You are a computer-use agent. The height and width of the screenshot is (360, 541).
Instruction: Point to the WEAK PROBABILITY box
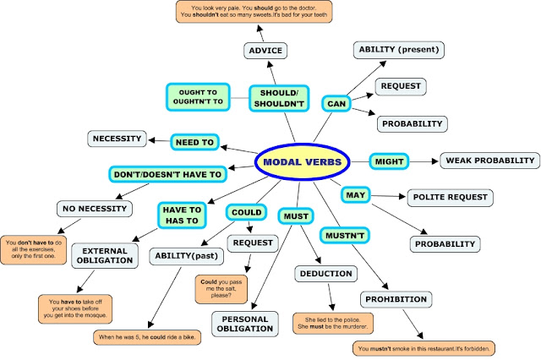pyautogui.click(x=489, y=161)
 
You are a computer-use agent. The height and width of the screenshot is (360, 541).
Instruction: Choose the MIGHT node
pyautogui.click(x=390, y=161)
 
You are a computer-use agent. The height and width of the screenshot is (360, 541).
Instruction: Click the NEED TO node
pyautogui.click(x=196, y=142)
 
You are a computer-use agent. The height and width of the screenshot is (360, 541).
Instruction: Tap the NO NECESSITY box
pyautogui.click(x=93, y=208)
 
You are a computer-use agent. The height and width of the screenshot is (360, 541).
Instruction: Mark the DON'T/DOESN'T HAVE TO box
pyautogui.click(x=168, y=175)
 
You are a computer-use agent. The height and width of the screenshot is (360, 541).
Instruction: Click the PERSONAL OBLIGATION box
pyautogui.click(x=244, y=325)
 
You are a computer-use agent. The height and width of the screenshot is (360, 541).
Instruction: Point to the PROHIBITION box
pyautogui.click(x=396, y=300)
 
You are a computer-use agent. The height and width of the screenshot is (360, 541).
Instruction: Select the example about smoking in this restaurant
pyautogui.click(x=425, y=347)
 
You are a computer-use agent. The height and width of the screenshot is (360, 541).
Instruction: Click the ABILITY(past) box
pyautogui.click(x=186, y=255)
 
